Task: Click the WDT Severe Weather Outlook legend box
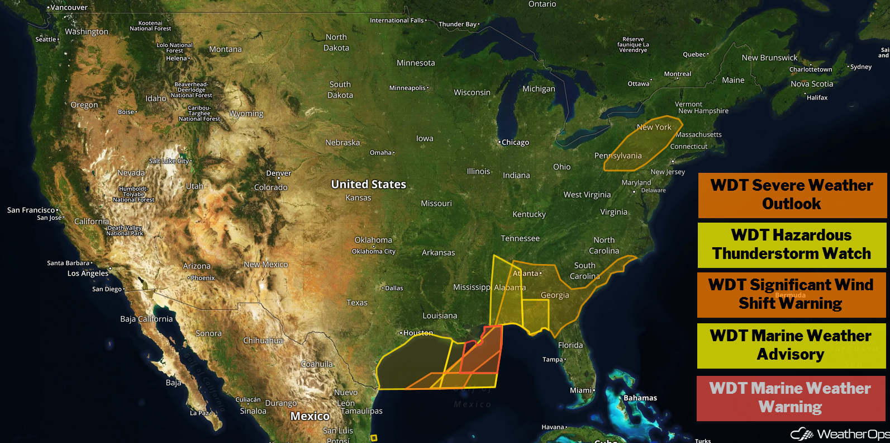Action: tap(792, 195)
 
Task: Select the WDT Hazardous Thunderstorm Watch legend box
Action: tap(792, 245)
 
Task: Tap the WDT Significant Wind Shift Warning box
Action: tap(791, 295)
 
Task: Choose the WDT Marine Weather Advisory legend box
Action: tap(791, 345)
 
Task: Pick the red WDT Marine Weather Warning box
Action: tap(791, 398)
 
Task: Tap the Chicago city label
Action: tap(515, 143)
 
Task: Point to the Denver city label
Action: tap(279, 173)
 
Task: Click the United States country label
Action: tap(368, 184)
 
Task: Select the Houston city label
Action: tap(417, 333)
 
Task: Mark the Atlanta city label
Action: tap(526, 274)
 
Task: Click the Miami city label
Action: tap(581, 390)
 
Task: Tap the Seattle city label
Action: tap(46, 39)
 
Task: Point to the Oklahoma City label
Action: tap(374, 251)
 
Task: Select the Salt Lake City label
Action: tap(169, 161)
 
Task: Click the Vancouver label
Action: tap(69, 7)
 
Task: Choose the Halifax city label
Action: tap(817, 97)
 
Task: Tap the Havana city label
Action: tap(553, 427)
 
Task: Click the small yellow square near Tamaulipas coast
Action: tap(374, 437)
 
